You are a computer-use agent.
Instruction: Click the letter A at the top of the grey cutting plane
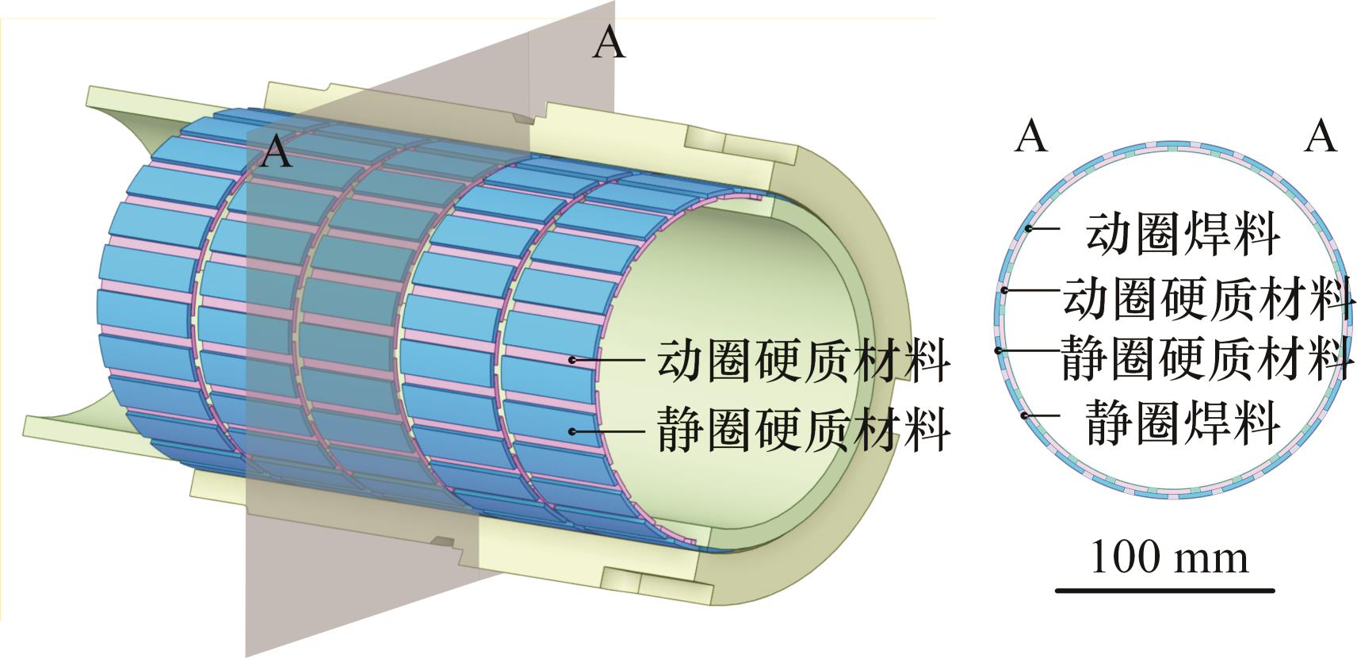(609, 42)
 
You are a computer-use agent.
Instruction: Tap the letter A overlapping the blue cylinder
(277, 151)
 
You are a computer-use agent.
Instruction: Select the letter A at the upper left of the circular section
(1031, 136)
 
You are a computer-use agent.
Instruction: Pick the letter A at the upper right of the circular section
(1321, 136)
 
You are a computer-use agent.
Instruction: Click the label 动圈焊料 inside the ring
(1183, 234)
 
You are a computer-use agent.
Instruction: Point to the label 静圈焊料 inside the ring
(1183, 422)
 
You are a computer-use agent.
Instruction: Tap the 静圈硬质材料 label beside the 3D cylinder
(804, 430)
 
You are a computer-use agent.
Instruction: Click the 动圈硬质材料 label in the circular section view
(1209, 298)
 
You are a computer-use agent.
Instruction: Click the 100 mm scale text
(1169, 557)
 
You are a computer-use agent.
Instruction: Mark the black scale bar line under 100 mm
(1165, 590)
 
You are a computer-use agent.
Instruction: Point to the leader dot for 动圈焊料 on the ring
(1029, 229)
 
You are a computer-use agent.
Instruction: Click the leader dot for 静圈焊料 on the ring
(1025, 415)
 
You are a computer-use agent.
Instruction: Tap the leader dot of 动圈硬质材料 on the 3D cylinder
(571, 360)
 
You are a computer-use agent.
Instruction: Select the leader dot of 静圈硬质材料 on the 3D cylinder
(571, 430)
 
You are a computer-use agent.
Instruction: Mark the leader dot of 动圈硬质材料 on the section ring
(1003, 291)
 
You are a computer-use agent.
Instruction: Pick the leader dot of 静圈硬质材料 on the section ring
(998, 350)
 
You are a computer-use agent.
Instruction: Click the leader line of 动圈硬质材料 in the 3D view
(608, 360)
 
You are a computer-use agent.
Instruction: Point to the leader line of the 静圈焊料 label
(1042, 415)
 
